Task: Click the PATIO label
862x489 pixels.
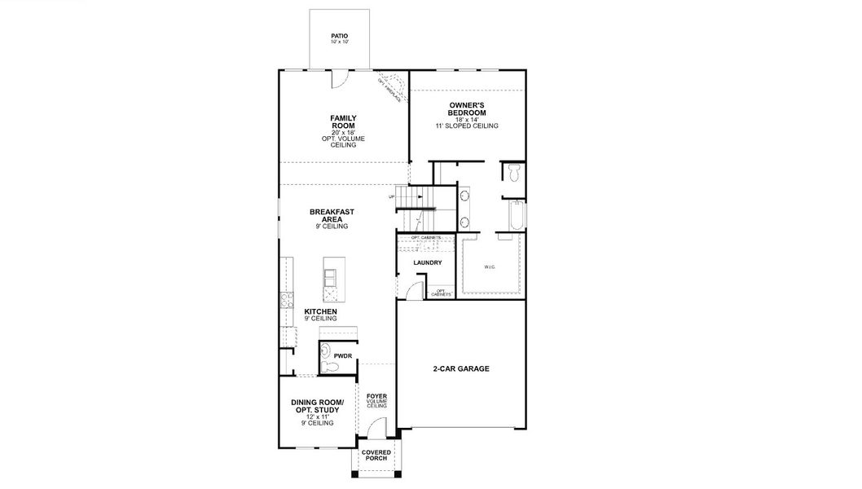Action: [x=339, y=36]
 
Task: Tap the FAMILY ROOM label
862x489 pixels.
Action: [x=343, y=122]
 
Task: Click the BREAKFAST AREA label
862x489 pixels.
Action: [x=332, y=215]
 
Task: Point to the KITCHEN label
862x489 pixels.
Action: [x=320, y=311]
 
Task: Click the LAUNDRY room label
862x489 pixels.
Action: [x=427, y=262]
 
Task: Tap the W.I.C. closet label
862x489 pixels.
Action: [x=489, y=267]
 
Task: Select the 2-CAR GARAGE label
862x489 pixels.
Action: [x=460, y=368]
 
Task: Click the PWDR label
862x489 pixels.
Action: [x=341, y=355]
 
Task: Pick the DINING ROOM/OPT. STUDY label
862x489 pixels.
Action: [x=317, y=407]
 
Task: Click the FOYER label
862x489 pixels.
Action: [x=376, y=397]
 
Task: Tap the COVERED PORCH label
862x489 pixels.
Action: [x=376, y=455]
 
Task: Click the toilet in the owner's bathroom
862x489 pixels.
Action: [x=512, y=174]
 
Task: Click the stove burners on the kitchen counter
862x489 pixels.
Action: [x=284, y=300]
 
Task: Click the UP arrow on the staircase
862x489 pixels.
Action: [x=394, y=196]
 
